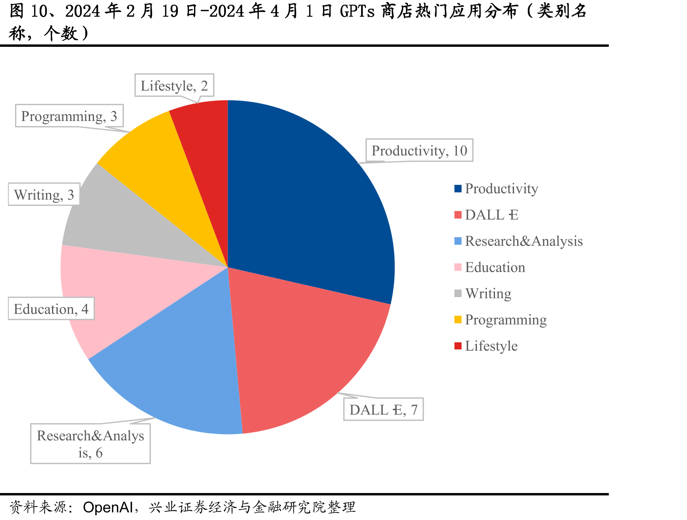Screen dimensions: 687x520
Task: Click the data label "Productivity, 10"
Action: [x=419, y=150]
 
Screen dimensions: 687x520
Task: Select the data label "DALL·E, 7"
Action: [x=383, y=409]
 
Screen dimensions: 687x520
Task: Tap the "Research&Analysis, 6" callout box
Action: [x=90, y=443]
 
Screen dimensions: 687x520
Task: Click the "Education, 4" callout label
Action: [x=51, y=309]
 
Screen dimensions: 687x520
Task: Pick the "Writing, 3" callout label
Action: [x=44, y=194]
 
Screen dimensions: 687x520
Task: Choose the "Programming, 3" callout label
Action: [x=69, y=116]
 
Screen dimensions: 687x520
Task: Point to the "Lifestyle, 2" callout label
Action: [x=174, y=85]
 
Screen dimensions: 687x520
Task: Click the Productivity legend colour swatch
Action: [x=458, y=188]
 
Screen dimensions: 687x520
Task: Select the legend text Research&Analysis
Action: [x=524, y=241]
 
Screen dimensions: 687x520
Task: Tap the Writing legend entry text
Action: [x=488, y=294]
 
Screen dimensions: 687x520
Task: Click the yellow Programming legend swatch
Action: [x=458, y=320]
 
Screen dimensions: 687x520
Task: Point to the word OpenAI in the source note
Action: [x=108, y=507]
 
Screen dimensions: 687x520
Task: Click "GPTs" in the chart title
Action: [x=357, y=11]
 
